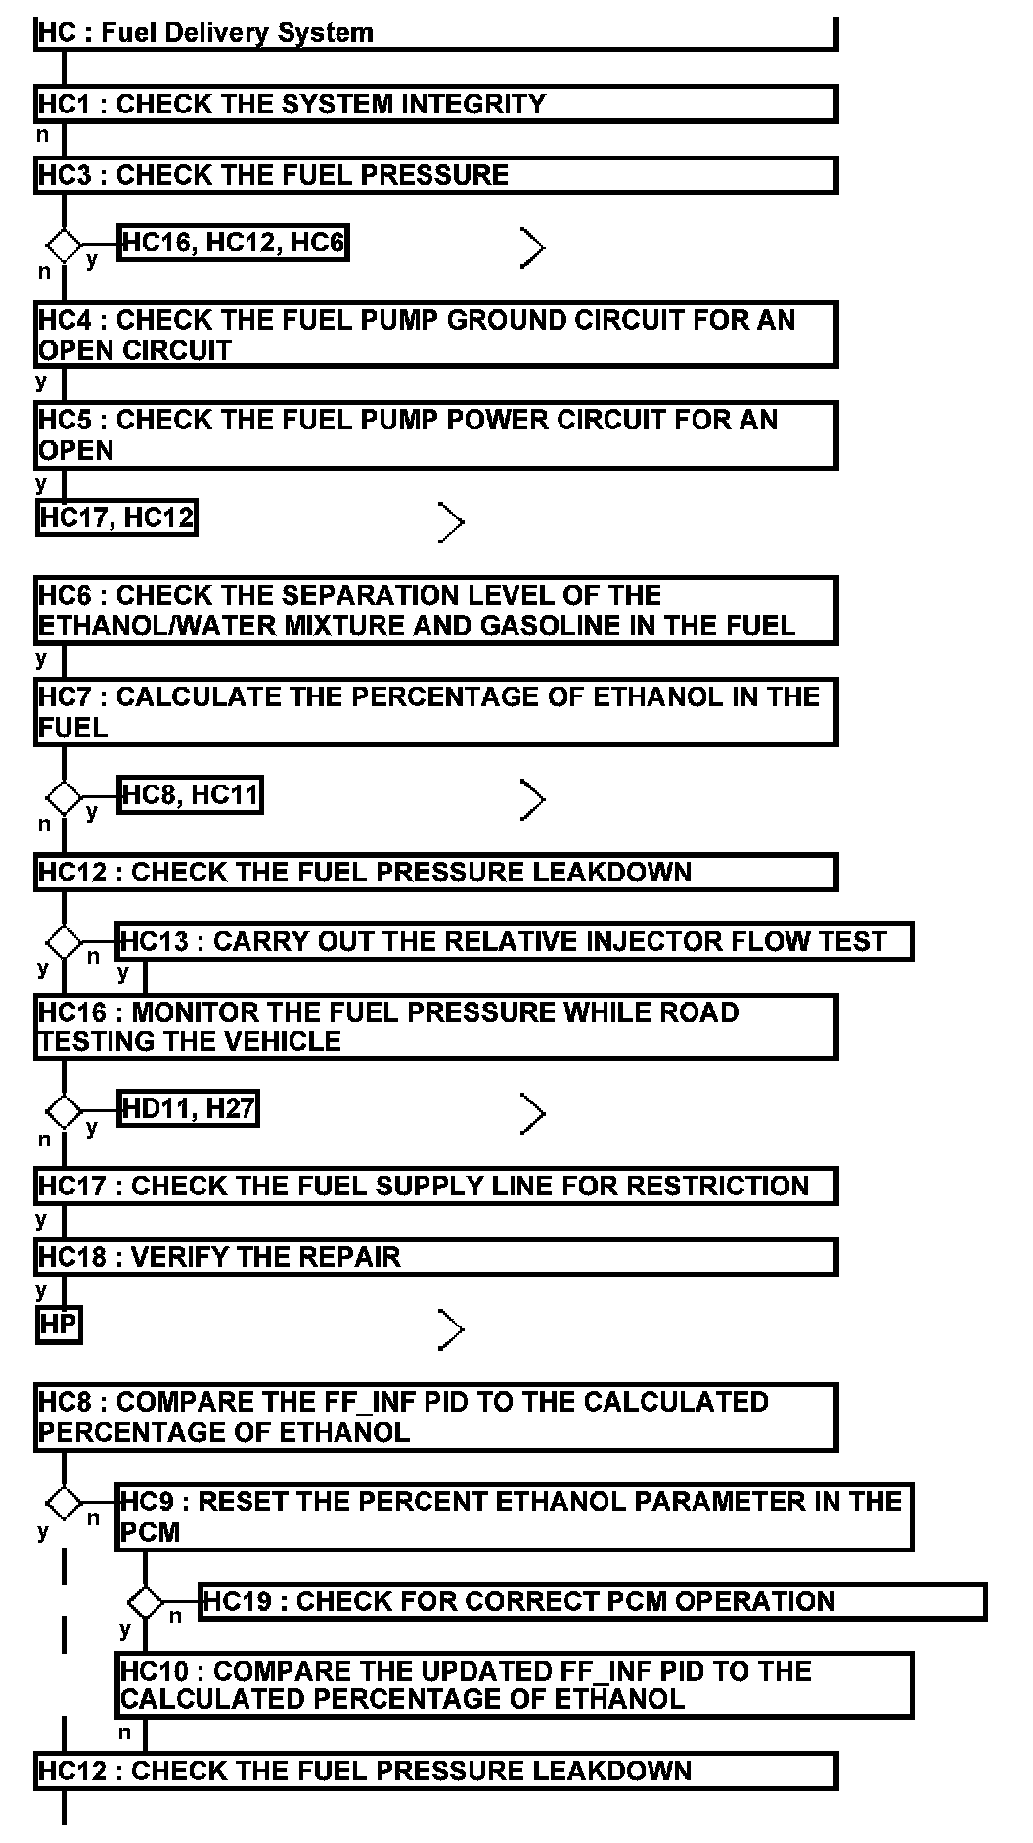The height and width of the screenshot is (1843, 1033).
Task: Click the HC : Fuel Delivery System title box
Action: point(435,33)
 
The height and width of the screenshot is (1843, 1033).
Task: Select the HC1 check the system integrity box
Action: point(435,104)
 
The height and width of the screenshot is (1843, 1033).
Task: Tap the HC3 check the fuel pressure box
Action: point(435,175)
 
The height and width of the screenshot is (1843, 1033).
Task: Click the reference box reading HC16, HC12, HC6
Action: point(234,243)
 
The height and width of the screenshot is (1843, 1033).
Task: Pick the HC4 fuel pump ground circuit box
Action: point(435,335)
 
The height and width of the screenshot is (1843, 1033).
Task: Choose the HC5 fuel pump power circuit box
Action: point(435,434)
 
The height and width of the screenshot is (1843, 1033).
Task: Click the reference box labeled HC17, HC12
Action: point(116,517)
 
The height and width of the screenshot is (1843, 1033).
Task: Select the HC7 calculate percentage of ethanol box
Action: point(435,711)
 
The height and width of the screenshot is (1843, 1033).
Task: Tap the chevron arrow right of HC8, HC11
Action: point(533,799)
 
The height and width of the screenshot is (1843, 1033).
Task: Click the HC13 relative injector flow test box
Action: point(515,941)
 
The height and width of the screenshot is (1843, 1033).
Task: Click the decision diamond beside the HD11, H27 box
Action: point(65,1111)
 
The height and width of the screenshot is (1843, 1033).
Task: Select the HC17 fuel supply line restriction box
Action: point(435,1186)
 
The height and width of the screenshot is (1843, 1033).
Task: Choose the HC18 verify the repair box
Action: point(435,1257)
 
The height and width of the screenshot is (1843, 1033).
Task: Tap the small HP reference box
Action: point(58,1326)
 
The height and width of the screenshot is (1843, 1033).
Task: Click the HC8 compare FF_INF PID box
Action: point(435,1416)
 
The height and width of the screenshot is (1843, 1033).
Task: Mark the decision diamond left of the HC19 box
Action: point(146,1602)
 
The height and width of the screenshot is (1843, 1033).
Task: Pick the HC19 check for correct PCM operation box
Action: point(592,1601)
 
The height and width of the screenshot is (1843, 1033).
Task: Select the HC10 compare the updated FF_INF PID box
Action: point(515,1685)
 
